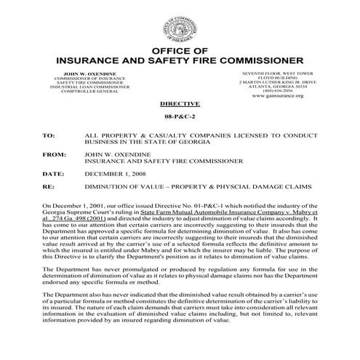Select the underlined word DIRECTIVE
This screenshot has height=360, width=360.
(180, 105)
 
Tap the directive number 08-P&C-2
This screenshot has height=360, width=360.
(180, 119)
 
